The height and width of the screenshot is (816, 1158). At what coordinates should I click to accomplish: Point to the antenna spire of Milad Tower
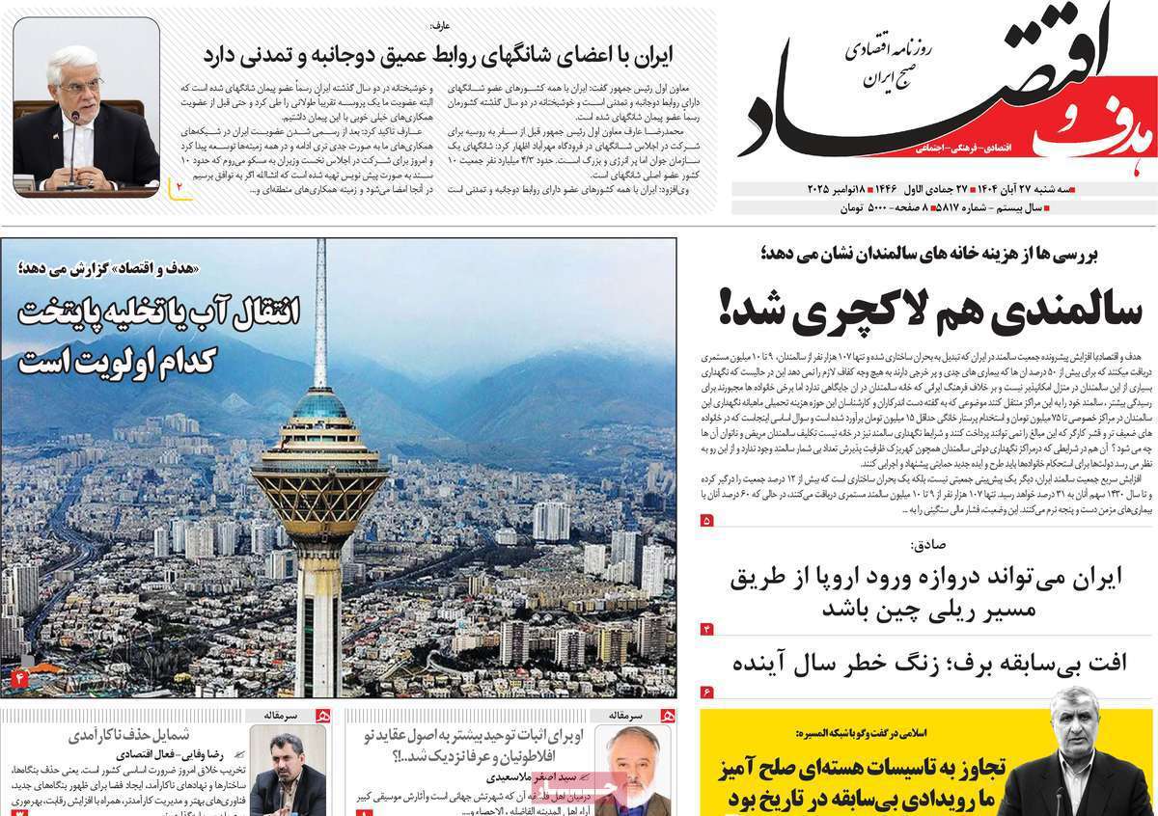320,309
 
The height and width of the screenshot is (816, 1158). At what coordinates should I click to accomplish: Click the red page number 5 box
706,521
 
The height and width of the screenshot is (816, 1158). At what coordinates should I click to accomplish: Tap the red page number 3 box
706,630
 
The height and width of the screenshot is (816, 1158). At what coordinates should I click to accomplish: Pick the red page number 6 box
706,692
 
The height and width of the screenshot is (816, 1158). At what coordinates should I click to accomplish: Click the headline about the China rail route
926,593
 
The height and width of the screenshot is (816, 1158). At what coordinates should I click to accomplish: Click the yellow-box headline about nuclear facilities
850,786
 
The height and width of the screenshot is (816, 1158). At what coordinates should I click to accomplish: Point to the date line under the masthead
946,188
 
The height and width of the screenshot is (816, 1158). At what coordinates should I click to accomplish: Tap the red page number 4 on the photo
16,679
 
